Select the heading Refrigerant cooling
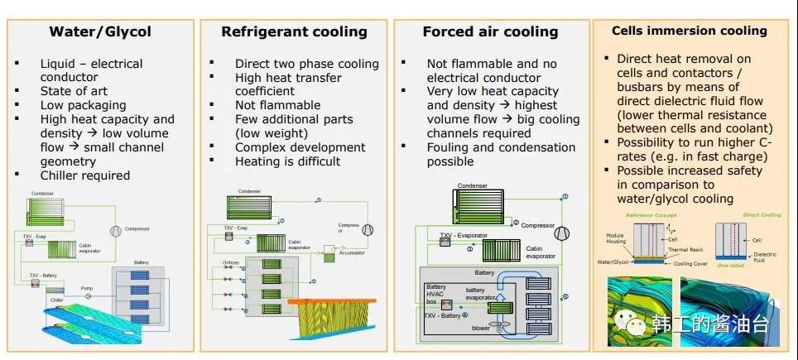click(x=294, y=32)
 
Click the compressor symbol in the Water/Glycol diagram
click(x=113, y=229)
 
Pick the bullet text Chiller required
click(x=84, y=175)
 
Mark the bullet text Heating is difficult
click(x=287, y=161)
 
